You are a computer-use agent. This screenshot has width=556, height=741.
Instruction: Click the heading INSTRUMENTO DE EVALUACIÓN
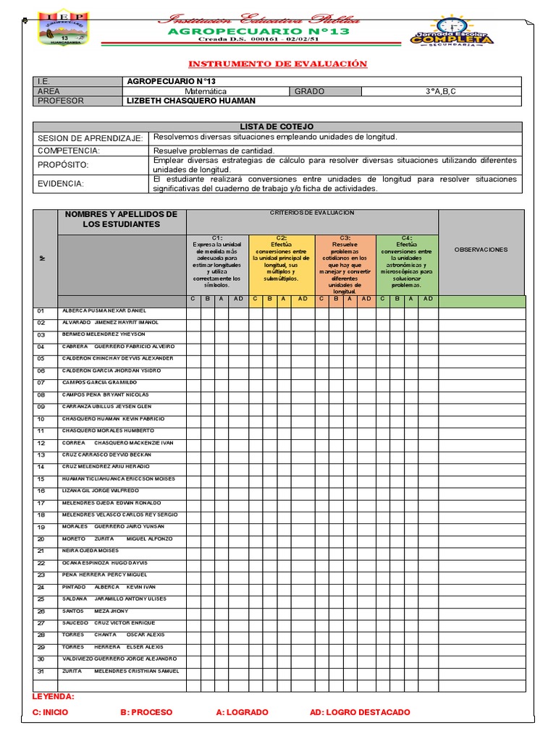(x=278, y=64)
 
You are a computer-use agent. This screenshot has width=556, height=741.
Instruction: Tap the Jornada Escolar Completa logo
(x=452, y=30)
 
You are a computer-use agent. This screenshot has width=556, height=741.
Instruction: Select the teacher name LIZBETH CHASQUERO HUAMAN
(x=190, y=101)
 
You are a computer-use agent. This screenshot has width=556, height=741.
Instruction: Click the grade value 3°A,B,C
(x=441, y=92)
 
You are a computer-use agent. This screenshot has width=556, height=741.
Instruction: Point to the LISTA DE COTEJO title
(x=278, y=127)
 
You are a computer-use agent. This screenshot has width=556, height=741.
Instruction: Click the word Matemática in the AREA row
(x=206, y=92)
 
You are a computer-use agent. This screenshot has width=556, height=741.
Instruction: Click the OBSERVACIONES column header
(x=481, y=250)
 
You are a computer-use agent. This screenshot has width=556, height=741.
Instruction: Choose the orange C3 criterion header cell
(x=345, y=264)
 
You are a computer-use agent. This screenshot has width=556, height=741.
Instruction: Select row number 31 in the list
(x=41, y=672)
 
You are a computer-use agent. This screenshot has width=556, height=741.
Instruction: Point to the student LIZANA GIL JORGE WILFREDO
(x=101, y=491)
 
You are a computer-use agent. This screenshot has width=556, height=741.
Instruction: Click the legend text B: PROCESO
(x=146, y=712)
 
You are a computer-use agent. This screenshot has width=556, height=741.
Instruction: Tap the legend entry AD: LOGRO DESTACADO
(x=360, y=712)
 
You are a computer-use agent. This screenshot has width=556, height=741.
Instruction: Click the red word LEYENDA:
(x=54, y=696)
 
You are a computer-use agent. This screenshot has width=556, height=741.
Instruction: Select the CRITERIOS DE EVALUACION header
(x=312, y=213)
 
